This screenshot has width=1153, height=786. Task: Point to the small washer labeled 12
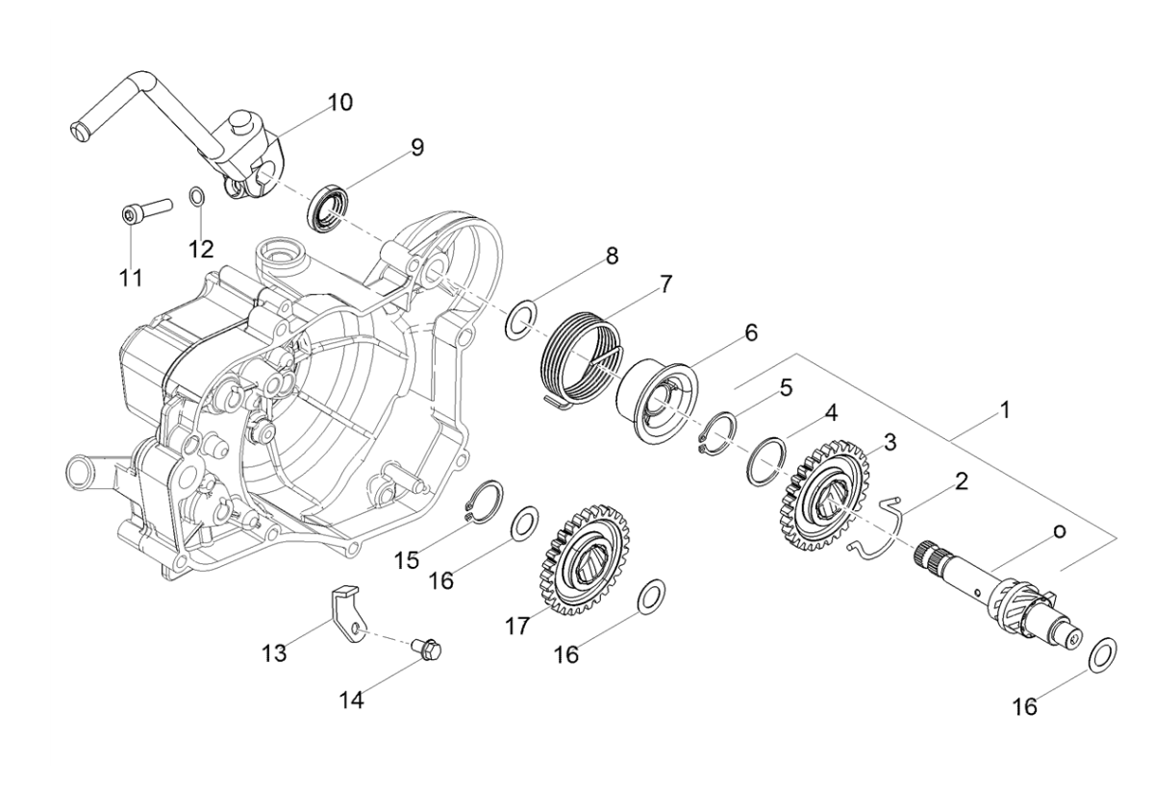pyautogui.click(x=196, y=199)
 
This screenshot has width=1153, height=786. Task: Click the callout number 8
pyautogui.click(x=612, y=257)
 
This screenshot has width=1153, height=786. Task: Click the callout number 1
pyautogui.click(x=1004, y=410)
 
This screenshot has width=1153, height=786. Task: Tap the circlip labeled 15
pyautogui.click(x=483, y=503)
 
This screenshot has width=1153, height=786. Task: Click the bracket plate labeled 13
pyautogui.click(x=344, y=615)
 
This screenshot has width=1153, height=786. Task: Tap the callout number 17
pyautogui.click(x=518, y=626)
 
